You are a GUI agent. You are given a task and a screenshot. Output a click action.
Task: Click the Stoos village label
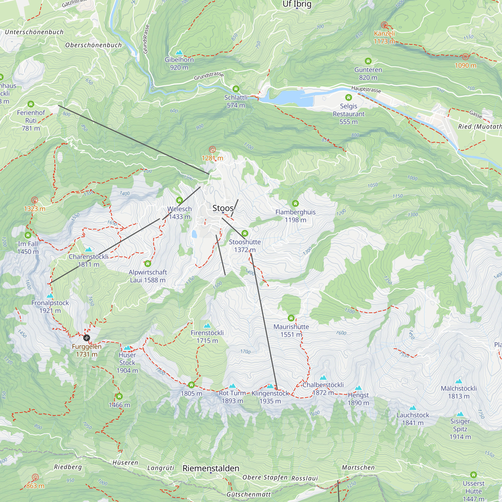click(223, 208)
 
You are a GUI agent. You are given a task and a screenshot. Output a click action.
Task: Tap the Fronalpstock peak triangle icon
click(50, 296)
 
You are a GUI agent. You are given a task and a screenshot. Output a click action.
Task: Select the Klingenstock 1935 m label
click(270, 397)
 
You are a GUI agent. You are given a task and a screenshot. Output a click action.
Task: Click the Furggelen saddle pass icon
click(87, 338)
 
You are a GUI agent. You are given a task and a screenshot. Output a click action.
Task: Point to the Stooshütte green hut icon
click(244, 233)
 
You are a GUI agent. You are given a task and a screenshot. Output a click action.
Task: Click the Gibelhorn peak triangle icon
click(179, 52)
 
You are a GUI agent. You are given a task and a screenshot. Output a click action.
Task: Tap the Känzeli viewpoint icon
click(384, 25)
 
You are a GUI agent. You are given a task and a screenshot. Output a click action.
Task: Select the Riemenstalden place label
click(211, 468)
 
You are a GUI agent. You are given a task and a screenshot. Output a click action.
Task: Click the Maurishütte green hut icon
click(291, 318)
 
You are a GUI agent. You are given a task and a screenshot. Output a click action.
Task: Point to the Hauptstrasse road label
click(366, 89)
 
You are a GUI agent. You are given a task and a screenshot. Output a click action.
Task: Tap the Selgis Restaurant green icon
click(348, 97)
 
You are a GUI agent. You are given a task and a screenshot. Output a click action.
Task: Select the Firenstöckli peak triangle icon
click(207, 326)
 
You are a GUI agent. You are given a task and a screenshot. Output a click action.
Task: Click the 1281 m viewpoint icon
click(212, 149)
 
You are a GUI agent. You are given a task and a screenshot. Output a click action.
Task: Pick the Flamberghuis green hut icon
click(295, 203)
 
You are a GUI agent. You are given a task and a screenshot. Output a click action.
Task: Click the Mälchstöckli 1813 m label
click(459, 392)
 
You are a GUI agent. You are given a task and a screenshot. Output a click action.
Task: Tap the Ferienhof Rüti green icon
click(31, 104)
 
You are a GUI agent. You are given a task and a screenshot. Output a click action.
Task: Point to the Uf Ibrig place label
click(297, 4)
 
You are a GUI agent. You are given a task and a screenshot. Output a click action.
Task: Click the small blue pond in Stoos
click(194, 234)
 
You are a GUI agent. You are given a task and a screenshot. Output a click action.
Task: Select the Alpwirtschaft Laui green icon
click(148, 264)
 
